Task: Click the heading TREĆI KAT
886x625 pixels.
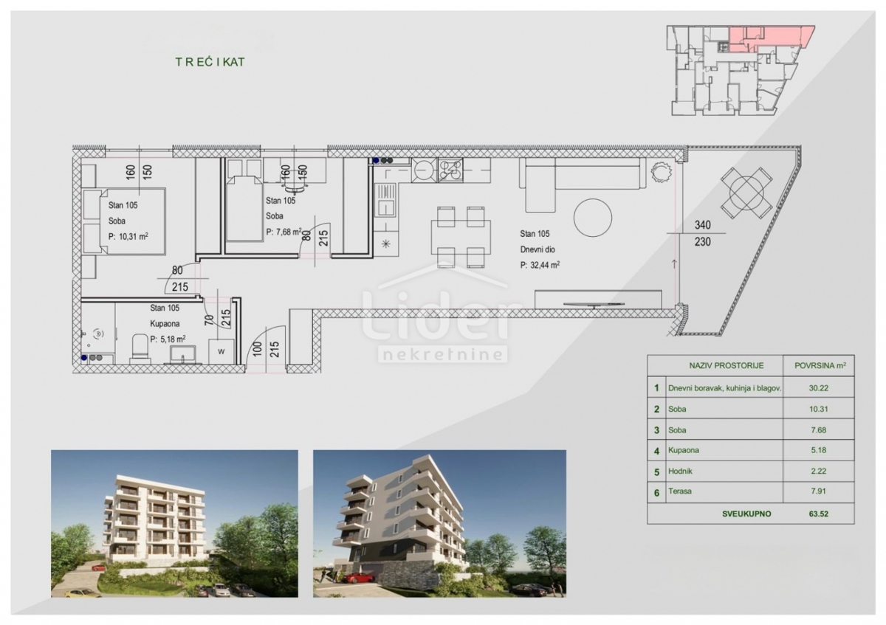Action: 210,62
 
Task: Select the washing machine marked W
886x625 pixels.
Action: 220,351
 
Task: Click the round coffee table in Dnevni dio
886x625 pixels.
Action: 593,218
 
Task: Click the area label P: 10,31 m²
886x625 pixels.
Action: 128,237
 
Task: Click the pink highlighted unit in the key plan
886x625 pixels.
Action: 772,35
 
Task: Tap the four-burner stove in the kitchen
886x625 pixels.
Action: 450,170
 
